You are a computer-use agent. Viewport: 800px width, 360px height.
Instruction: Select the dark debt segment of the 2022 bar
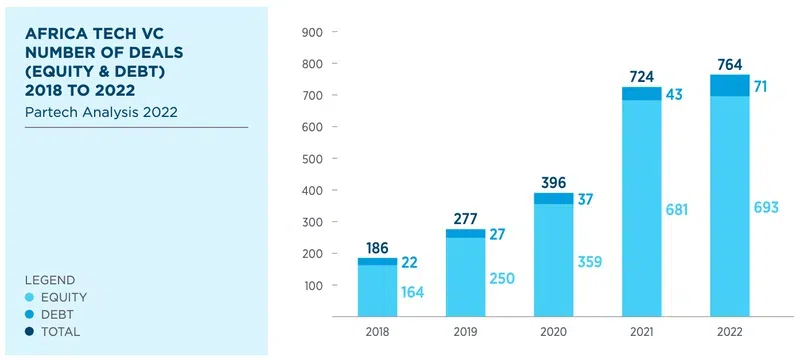pos(729,85)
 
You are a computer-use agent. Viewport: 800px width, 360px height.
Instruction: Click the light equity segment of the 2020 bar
pos(553,260)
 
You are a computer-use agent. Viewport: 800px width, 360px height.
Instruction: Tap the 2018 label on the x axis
pos(377,331)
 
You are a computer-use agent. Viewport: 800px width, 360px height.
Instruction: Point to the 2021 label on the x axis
pos(641,331)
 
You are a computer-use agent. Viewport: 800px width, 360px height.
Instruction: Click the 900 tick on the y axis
pos(311,32)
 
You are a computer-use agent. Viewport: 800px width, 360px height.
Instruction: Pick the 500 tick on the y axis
pos(311,159)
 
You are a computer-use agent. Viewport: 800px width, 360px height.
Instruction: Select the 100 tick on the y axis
pos(311,286)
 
